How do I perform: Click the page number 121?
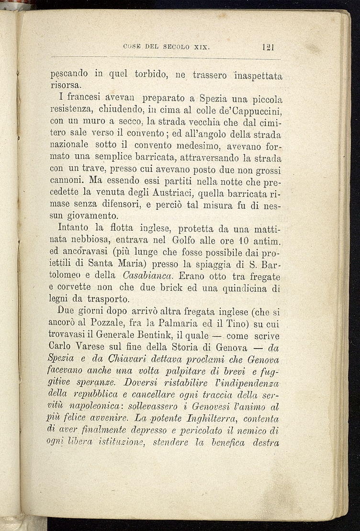point(268,47)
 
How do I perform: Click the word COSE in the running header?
point(132,47)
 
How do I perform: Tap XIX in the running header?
point(201,47)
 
